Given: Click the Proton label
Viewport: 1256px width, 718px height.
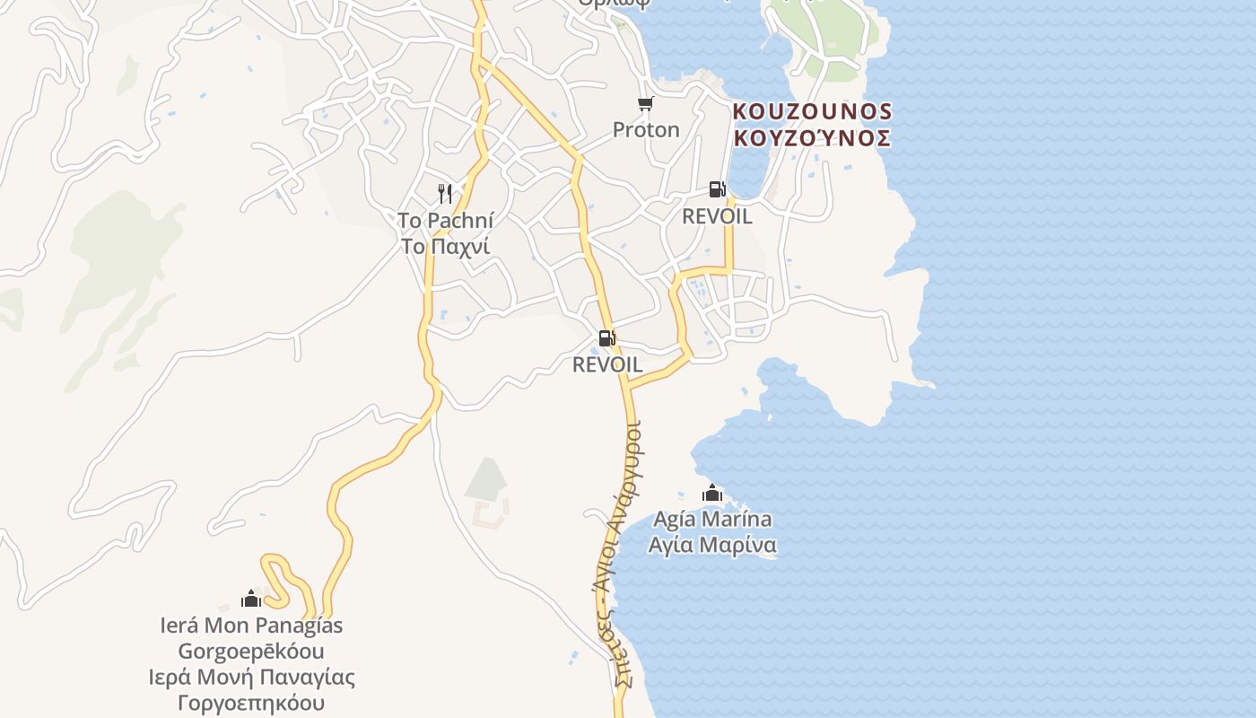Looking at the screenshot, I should coord(646,130).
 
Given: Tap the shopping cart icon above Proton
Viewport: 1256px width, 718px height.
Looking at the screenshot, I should coord(645,104).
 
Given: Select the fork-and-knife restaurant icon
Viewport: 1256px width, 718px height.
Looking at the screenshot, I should coord(444,193).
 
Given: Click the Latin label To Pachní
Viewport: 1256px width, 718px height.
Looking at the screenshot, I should coord(445,220).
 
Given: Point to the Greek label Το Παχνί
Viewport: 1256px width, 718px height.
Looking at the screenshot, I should coord(445,246).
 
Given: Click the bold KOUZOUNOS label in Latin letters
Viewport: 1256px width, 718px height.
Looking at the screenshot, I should coord(812,111).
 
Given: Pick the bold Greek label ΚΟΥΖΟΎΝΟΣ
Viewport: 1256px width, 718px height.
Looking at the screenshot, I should coord(812,138).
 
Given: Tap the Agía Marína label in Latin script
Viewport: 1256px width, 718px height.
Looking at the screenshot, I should coord(712,519).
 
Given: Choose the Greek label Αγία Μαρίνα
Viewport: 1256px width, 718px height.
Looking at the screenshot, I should coord(712,545).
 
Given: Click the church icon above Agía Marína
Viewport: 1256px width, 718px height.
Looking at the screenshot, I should coord(712,493).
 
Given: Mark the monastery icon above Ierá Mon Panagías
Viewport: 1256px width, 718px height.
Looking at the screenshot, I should coord(251,599).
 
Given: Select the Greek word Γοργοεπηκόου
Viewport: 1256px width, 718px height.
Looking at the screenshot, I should coord(251,703).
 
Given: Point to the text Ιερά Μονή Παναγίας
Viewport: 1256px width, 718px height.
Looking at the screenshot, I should coord(251,677).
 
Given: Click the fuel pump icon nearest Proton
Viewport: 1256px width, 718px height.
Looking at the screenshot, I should coord(717,189).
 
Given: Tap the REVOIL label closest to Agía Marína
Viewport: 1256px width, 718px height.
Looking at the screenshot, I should coord(607,365).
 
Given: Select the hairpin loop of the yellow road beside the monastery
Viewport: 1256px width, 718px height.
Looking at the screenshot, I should coord(278,574).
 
